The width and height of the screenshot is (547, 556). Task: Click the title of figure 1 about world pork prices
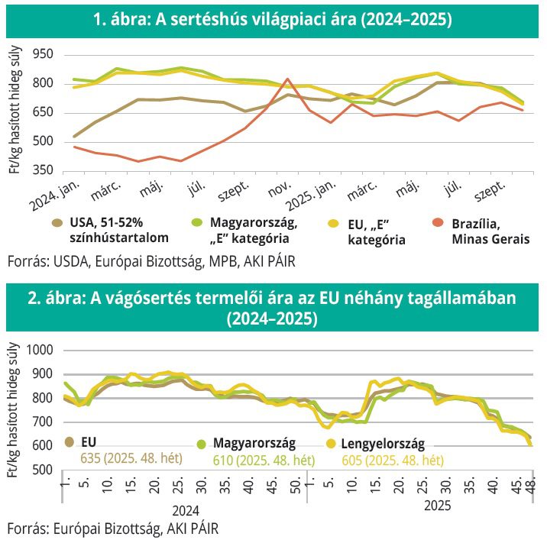pos(273,21)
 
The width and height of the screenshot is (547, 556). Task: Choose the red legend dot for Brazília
pos(438,223)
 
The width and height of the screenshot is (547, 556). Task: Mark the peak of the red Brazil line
pos(287,79)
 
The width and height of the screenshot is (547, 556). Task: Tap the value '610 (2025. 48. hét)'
pos(261,461)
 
